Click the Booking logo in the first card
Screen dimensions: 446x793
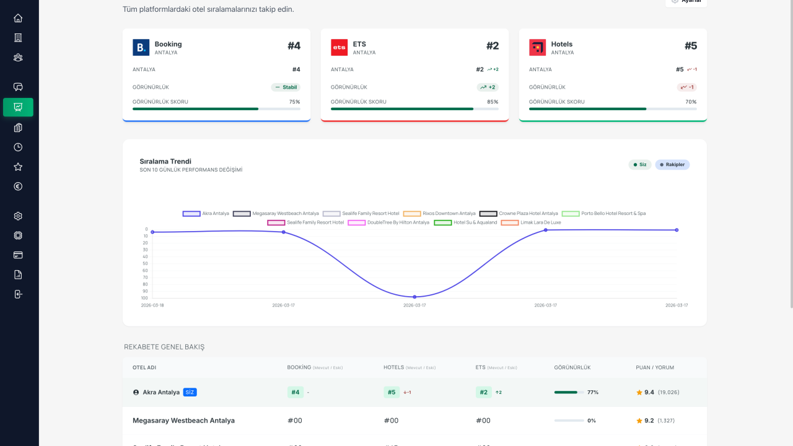click(141, 48)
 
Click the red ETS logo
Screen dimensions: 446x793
click(339, 48)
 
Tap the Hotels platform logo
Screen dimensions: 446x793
click(537, 48)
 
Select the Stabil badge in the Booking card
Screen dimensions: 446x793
click(286, 87)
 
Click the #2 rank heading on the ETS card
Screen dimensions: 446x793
click(492, 46)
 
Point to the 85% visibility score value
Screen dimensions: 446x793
click(493, 102)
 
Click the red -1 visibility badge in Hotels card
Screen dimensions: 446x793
click(686, 87)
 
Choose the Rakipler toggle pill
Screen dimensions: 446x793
click(672, 165)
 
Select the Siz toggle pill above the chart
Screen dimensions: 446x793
click(639, 165)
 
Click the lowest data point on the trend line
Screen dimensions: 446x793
click(414, 297)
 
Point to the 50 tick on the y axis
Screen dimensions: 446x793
click(145, 263)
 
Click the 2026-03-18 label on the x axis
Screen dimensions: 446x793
click(152, 305)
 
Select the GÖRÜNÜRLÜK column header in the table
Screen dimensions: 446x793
click(572, 367)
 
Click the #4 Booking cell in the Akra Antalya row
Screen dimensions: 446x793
click(296, 392)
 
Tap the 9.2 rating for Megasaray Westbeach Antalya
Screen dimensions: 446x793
click(649, 421)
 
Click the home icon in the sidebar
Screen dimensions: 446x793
click(18, 19)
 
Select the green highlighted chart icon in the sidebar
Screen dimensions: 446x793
click(18, 107)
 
